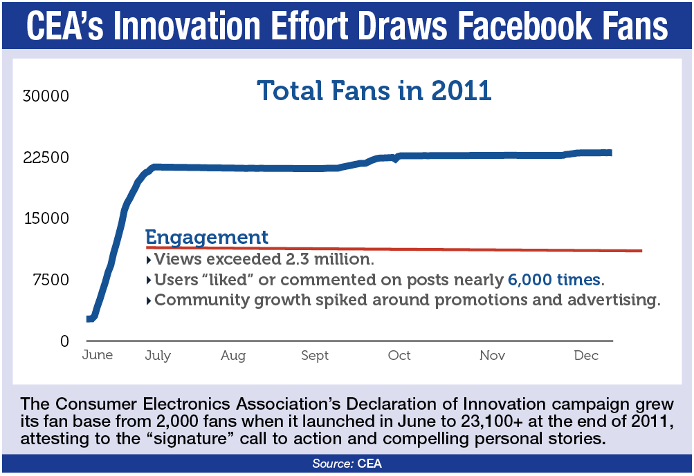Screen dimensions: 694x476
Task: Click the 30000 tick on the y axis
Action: [46, 96]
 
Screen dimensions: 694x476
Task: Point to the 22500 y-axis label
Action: [46, 158]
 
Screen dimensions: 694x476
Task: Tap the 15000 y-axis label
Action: [46, 218]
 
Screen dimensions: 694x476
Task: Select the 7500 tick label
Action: [51, 280]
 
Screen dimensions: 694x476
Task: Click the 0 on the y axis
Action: [64, 341]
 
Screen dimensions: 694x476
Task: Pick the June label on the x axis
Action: [98, 355]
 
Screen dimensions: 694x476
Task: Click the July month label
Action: [158, 356]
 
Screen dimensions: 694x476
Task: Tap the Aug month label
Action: [233, 356]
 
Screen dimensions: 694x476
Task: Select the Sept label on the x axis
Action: [315, 356]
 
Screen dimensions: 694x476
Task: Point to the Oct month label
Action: [399, 355]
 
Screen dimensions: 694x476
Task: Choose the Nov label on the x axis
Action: [492, 355]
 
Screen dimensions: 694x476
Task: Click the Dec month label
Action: [586, 355]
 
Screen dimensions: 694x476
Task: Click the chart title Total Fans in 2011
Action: [374, 91]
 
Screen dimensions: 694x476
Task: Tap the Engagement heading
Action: [207, 238]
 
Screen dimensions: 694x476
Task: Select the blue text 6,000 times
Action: [554, 280]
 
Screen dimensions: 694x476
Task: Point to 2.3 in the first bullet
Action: [297, 259]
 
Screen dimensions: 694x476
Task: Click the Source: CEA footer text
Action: [347, 463]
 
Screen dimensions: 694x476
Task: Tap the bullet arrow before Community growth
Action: [149, 301]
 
